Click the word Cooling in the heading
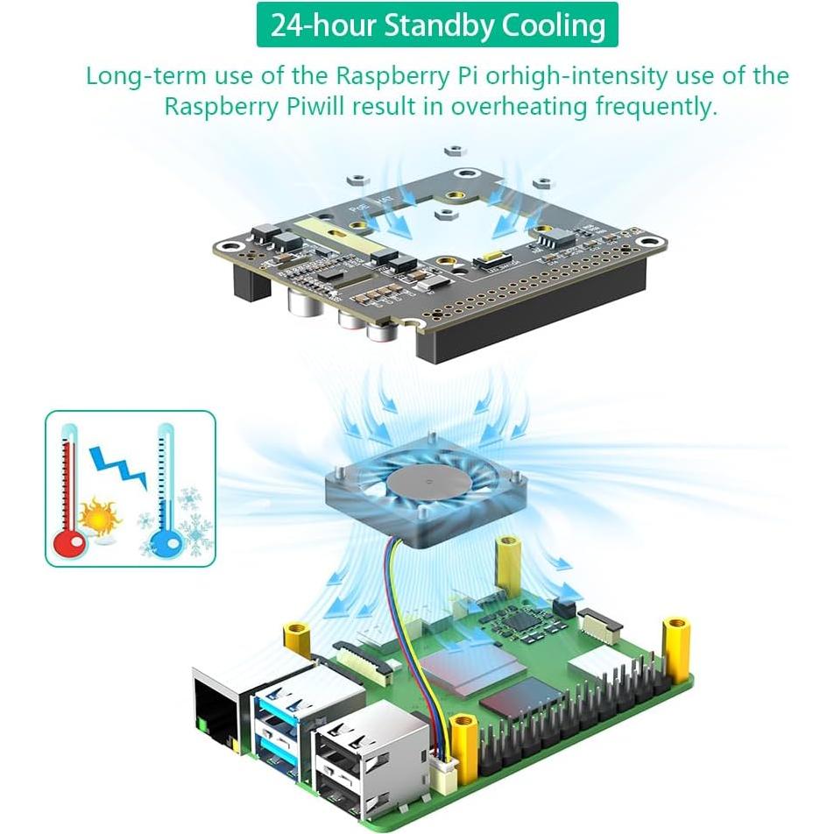[x=554, y=25]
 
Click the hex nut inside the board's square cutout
[x=446, y=212]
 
